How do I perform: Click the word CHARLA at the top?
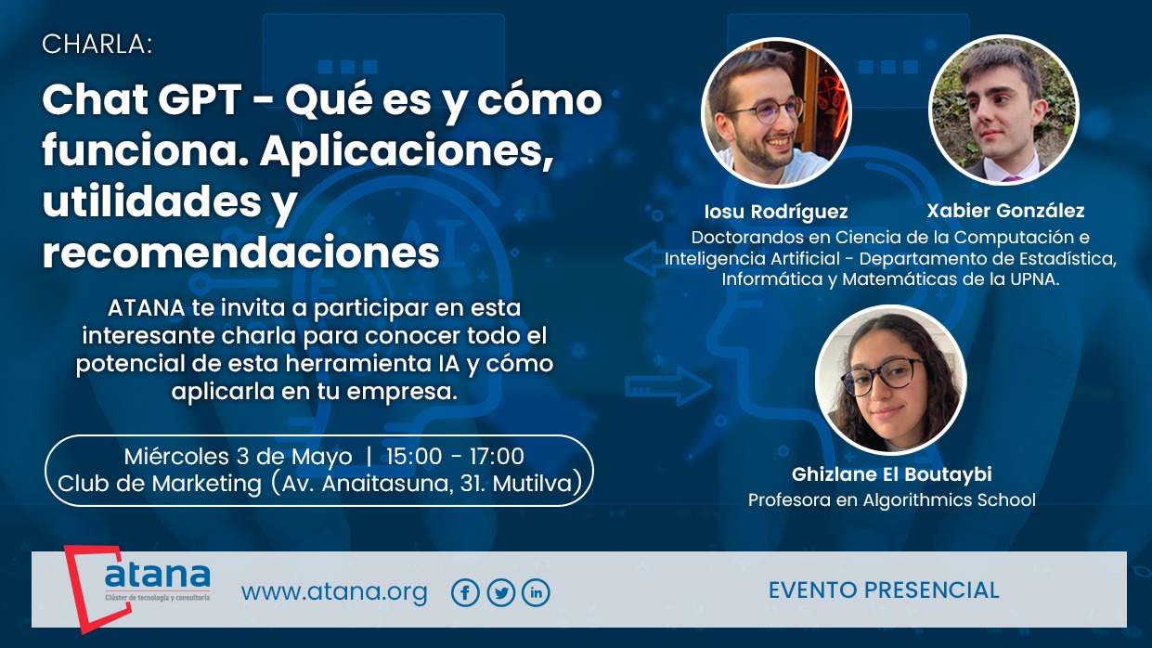(97, 45)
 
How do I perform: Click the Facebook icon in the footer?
(465, 592)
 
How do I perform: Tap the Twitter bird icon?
(501, 592)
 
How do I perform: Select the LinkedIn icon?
(536, 592)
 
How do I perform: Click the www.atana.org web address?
(334, 592)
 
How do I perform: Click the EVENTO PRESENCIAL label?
(884, 590)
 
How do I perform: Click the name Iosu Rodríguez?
(776, 212)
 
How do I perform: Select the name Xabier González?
(1005, 211)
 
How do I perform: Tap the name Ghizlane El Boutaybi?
(892, 474)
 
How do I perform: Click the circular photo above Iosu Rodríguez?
(777, 112)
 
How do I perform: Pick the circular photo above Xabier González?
(1003, 110)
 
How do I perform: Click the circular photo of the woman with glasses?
(891, 380)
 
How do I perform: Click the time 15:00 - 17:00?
(455, 457)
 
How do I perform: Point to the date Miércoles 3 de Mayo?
(239, 457)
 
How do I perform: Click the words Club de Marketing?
(160, 484)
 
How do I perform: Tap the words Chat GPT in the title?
(142, 99)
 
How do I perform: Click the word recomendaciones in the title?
(240, 253)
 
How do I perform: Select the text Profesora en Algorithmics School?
(892, 500)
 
